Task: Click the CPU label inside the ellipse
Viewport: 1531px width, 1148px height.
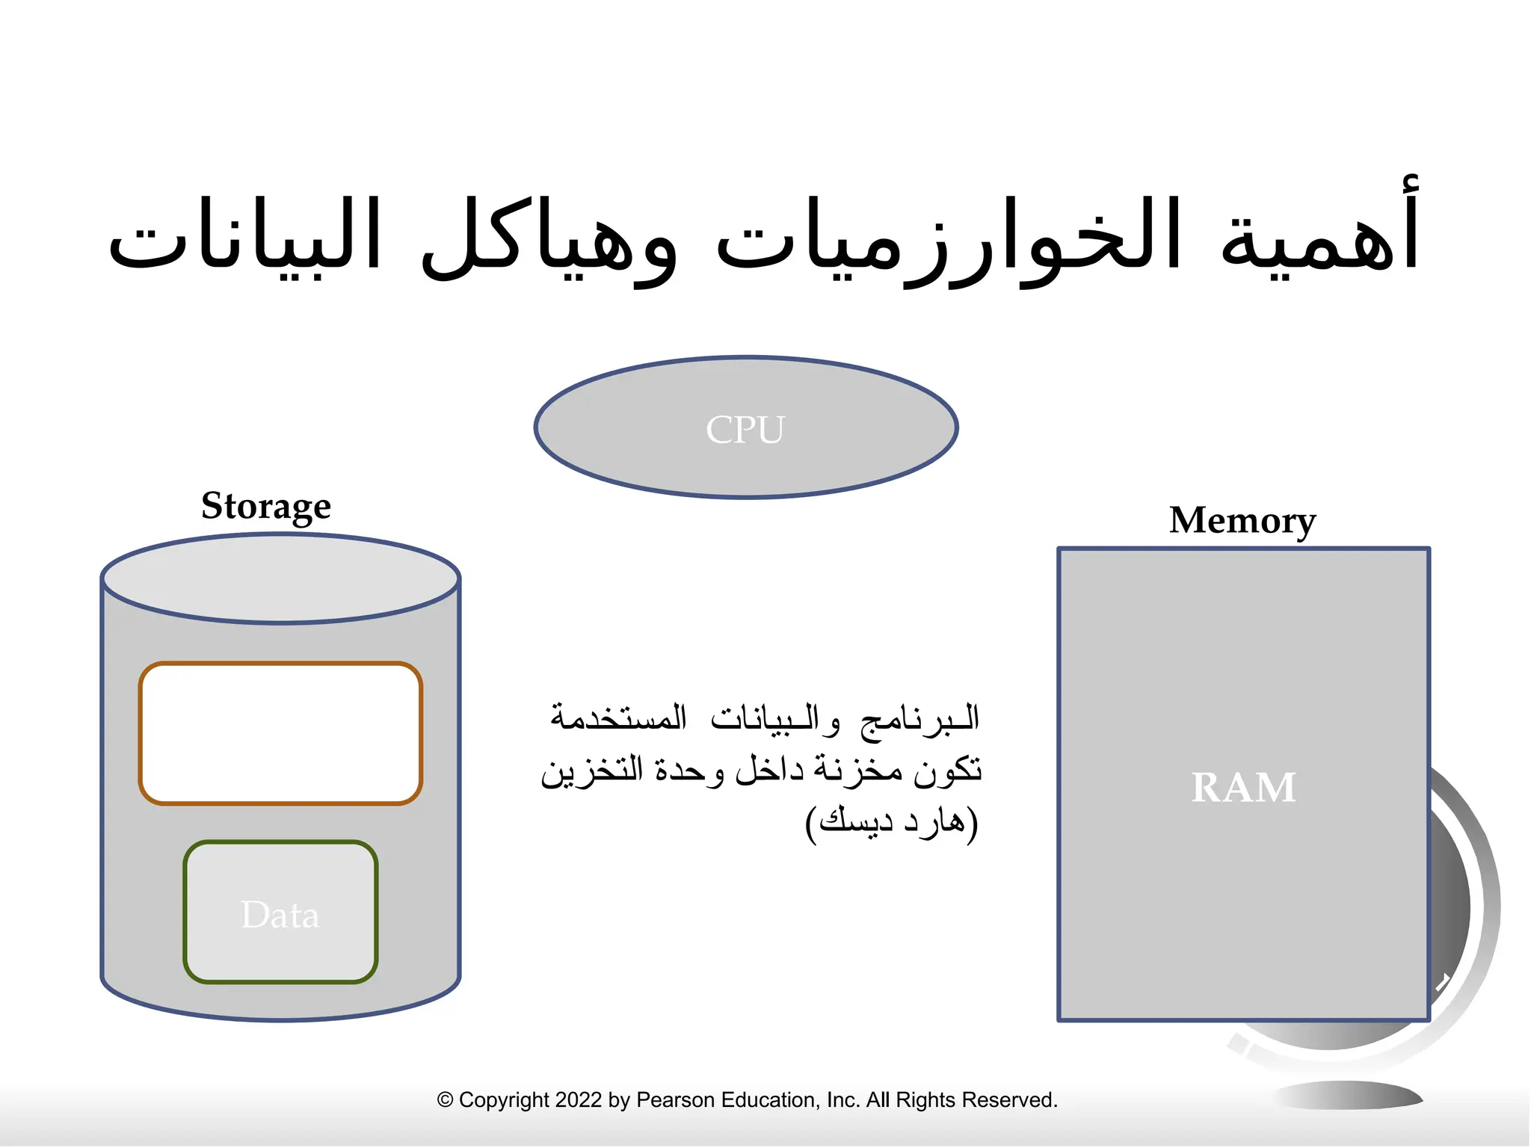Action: [745, 430]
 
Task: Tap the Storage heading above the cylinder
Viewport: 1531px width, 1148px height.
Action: [265, 507]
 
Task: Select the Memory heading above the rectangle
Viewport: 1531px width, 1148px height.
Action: [1242, 521]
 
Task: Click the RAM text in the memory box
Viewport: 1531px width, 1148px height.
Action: [1243, 788]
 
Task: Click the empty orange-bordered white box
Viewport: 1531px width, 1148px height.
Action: [280, 733]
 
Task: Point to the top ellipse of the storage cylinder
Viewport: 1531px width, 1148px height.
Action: [280, 578]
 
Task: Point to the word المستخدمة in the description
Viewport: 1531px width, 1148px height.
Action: [618, 717]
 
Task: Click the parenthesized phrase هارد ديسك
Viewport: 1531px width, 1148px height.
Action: [892, 822]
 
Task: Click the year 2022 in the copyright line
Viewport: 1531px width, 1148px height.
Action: [578, 1100]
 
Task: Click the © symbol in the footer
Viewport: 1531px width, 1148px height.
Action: [446, 1100]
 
